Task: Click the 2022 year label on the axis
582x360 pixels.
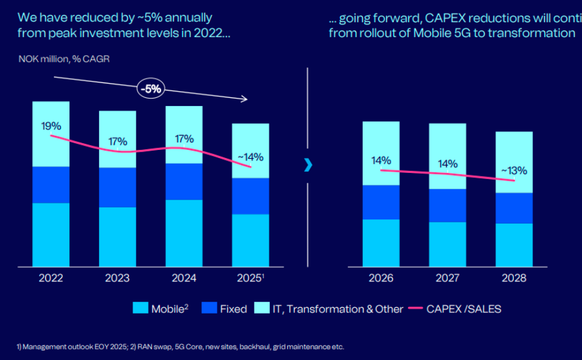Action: coord(51,278)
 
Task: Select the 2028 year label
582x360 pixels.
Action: coord(513,278)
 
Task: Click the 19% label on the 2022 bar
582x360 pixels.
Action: coord(51,126)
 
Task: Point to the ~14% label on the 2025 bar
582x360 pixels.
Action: coord(250,157)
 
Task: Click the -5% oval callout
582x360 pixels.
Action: coord(151,89)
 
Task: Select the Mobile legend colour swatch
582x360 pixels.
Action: coord(141,309)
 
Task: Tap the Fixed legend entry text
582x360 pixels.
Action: coord(233,309)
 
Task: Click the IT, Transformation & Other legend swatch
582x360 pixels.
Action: coord(263,309)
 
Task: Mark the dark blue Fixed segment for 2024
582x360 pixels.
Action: coord(184,182)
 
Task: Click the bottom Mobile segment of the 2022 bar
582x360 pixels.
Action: coord(51,235)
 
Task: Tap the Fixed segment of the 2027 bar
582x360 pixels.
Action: coord(447,205)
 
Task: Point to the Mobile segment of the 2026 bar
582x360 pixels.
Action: coord(381,243)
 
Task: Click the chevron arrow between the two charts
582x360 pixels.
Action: coord(308,165)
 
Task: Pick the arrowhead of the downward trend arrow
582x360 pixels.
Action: coord(245,99)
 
